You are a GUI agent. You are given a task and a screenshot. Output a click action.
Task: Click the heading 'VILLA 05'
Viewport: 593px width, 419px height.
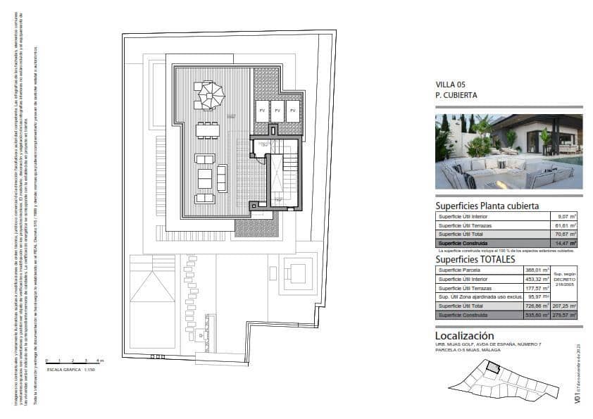pos(450,85)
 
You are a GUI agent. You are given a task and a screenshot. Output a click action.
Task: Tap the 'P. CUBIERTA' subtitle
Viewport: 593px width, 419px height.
pos(456,94)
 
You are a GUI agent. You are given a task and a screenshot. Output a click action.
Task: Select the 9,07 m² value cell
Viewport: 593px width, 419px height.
pos(567,216)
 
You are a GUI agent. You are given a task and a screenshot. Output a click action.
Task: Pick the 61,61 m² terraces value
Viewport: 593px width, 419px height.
pos(567,225)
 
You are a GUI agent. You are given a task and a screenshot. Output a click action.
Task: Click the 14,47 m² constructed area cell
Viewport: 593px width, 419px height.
pos(567,242)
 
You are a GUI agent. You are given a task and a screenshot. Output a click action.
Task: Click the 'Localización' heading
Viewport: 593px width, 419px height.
pos(464,336)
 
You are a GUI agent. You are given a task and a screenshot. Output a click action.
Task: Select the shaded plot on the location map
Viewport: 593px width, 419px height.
pos(494,368)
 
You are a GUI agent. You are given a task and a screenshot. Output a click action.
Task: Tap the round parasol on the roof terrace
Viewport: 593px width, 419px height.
pos(209,95)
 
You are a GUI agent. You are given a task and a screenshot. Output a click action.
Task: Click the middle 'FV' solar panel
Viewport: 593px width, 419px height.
pos(277,111)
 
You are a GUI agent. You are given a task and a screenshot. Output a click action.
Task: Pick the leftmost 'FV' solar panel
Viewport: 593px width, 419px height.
pos(261,111)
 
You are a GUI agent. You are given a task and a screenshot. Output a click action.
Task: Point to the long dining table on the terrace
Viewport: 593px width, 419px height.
pos(208,130)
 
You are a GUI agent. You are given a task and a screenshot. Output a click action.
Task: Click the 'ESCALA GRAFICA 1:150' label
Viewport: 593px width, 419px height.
pos(70,368)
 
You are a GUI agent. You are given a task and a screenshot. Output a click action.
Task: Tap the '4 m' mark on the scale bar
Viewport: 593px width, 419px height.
pos(101,361)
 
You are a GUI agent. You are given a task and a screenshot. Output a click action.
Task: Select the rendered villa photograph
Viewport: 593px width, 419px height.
pos(508,151)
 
